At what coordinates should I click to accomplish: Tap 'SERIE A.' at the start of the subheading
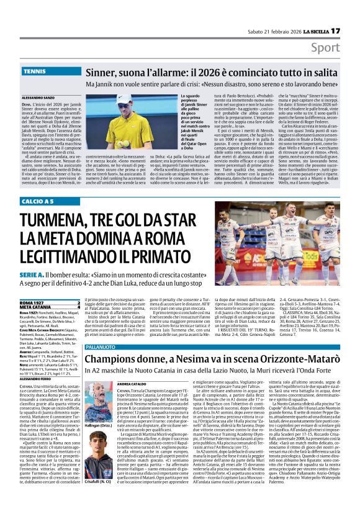34,276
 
